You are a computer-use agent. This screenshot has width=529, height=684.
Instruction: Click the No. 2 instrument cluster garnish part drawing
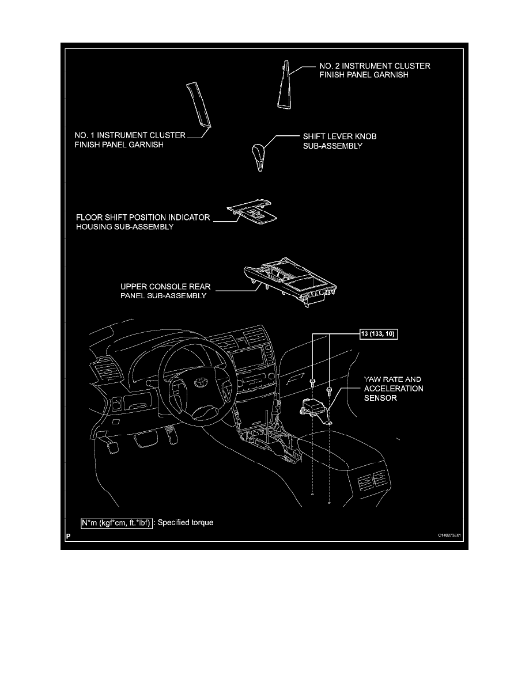click(284, 85)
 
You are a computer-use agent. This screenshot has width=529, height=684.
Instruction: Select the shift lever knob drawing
click(258, 155)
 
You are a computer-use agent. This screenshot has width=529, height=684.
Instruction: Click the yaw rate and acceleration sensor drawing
click(314, 408)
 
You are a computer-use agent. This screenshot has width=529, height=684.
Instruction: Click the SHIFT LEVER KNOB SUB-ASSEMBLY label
click(339, 141)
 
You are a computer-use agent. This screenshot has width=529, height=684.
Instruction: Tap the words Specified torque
click(186, 523)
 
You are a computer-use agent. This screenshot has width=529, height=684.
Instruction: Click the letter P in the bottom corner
click(68, 535)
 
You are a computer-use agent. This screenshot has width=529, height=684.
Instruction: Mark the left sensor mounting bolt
click(312, 381)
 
